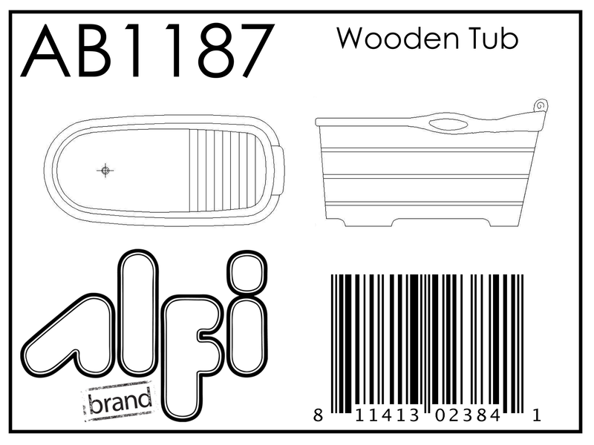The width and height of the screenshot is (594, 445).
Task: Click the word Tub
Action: (x=491, y=38)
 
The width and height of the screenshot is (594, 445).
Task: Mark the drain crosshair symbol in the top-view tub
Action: (x=105, y=171)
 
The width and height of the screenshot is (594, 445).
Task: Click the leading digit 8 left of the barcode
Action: (x=318, y=418)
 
